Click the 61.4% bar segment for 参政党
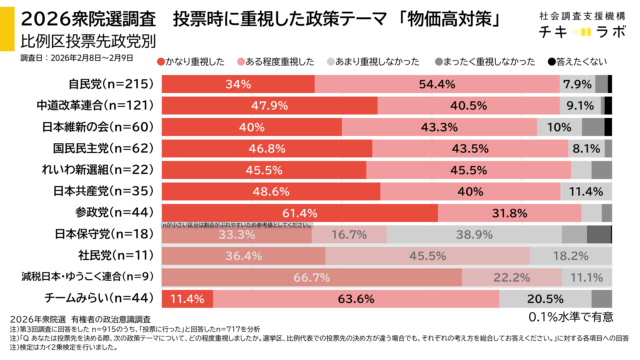(x=299, y=212)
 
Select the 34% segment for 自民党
(x=237, y=84)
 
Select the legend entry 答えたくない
(x=586, y=62)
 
